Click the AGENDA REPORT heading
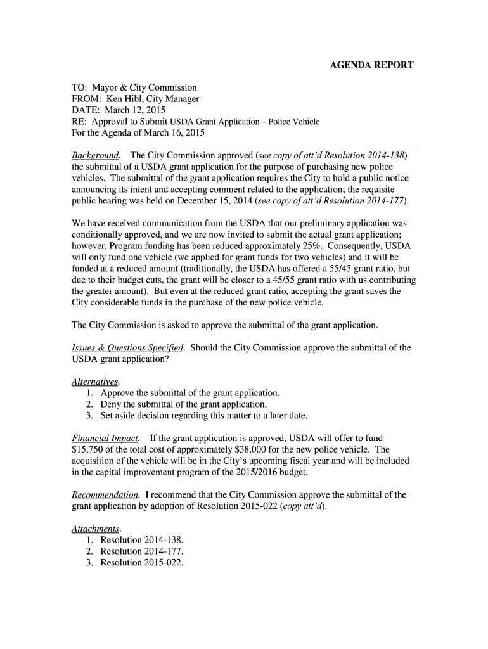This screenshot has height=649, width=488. (x=373, y=65)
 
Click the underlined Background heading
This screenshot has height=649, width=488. (x=96, y=156)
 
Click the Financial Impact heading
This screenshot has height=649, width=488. (x=106, y=439)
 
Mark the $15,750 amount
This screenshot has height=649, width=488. (x=91, y=449)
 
